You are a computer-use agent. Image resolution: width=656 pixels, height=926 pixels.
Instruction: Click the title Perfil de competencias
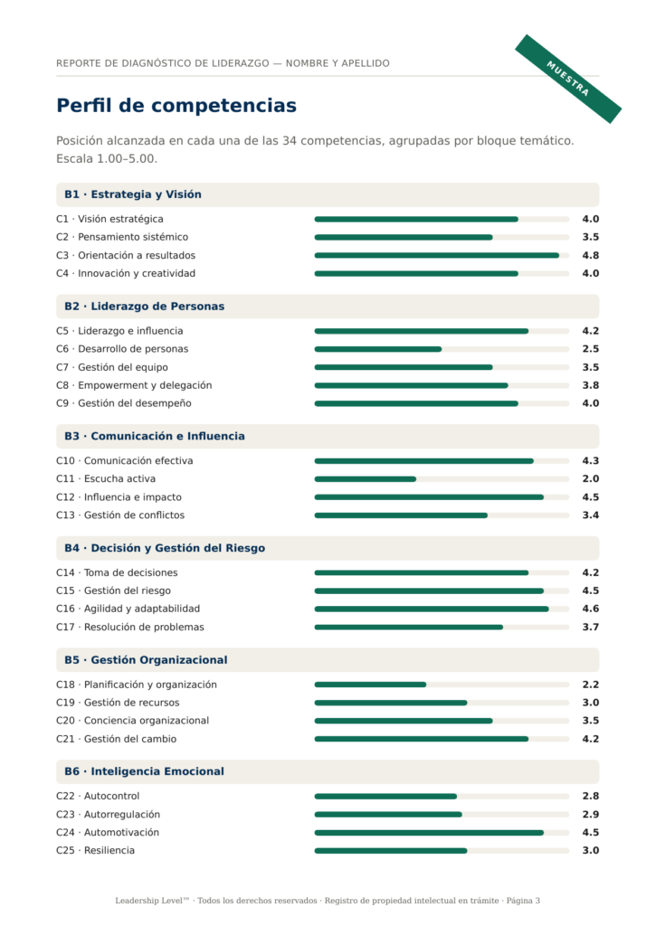pyautogui.click(x=176, y=105)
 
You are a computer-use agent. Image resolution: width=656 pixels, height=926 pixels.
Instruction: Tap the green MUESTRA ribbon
pyautogui.click(x=568, y=79)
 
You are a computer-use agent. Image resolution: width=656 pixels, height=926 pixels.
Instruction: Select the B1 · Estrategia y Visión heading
pyautogui.click(x=133, y=194)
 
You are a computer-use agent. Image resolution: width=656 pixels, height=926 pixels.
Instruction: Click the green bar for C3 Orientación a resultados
pyautogui.click(x=437, y=256)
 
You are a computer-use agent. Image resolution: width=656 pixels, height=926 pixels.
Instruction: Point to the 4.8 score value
pyautogui.click(x=590, y=255)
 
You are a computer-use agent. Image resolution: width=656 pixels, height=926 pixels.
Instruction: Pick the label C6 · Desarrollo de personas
pyautogui.click(x=122, y=349)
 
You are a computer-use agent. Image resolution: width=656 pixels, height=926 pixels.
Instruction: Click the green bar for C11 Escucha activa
pyautogui.click(x=366, y=479)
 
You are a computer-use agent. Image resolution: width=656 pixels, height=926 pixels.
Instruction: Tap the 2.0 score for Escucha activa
pyautogui.click(x=590, y=478)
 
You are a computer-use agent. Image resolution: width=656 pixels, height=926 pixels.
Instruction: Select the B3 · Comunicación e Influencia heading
pyautogui.click(x=154, y=436)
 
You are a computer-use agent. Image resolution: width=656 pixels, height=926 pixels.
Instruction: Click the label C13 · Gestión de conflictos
pyautogui.click(x=120, y=515)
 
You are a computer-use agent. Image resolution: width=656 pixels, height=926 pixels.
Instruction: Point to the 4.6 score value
pyautogui.click(x=590, y=609)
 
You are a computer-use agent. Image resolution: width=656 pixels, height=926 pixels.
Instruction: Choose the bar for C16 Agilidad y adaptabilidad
pyautogui.click(x=432, y=609)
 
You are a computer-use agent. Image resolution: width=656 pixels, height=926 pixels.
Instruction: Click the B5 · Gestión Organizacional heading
pyautogui.click(x=146, y=659)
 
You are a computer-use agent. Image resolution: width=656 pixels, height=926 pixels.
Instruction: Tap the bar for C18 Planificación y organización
pyautogui.click(x=370, y=685)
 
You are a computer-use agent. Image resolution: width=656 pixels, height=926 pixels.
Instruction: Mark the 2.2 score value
pyautogui.click(x=590, y=685)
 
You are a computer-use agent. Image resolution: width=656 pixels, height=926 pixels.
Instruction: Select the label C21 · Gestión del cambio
pyautogui.click(x=117, y=739)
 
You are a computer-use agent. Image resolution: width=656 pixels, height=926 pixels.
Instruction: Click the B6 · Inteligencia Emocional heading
pyautogui.click(x=144, y=771)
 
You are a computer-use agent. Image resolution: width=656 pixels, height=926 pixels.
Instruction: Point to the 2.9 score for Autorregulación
pyautogui.click(x=590, y=814)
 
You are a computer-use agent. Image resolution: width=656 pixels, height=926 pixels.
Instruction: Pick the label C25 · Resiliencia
pyautogui.click(x=95, y=850)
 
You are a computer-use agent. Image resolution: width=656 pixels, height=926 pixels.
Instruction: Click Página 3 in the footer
pyautogui.click(x=523, y=901)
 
